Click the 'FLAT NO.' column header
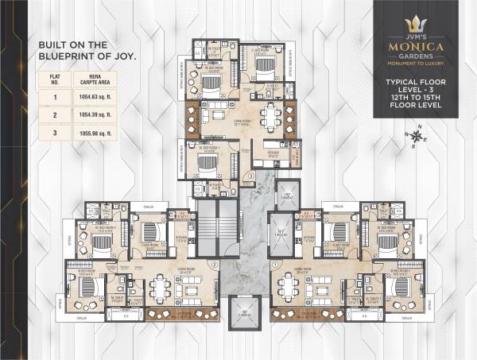(56, 78)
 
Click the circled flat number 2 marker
(213, 264)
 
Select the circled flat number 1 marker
(274, 264)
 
